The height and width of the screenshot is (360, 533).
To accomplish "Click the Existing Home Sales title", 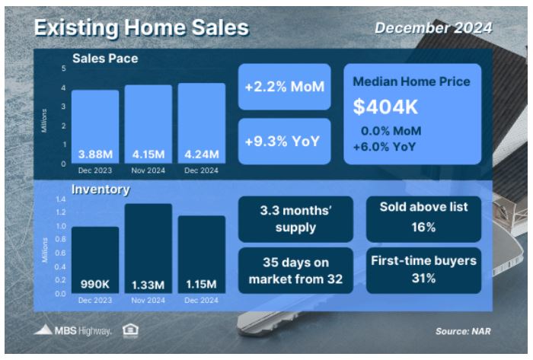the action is pyautogui.click(x=142, y=27).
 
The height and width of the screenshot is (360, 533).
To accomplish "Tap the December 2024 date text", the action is pyautogui.click(x=433, y=28).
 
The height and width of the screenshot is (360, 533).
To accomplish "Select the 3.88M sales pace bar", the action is pyautogui.click(x=95, y=126).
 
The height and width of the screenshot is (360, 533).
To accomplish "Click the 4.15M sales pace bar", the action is pyautogui.click(x=148, y=124).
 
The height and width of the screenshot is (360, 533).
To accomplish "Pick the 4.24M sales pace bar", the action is pyautogui.click(x=202, y=123).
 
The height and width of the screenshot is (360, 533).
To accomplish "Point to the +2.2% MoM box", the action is pyautogui.click(x=285, y=87).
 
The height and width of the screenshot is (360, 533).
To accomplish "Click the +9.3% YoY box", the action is pyautogui.click(x=285, y=142).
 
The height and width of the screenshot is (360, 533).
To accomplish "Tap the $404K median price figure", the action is pyautogui.click(x=385, y=107).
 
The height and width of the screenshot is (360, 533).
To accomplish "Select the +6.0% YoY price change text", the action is pyautogui.click(x=385, y=147).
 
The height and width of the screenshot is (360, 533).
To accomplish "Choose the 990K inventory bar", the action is pyautogui.click(x=95, y=260).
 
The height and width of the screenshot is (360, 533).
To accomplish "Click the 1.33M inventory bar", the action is pyautogui.click(x=148, y=249).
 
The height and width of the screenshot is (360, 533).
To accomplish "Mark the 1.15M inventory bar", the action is pyautogui.click(x=202, y=254).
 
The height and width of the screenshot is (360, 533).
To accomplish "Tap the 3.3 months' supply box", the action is pyautogui.click(x=295, y=219).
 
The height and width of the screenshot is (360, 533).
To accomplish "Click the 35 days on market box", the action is pyautogui.click(x=295, y=270).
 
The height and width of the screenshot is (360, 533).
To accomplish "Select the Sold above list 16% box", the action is pyautogui.click(x=423, y=219).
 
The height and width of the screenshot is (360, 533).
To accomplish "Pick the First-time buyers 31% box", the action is pyautogui.click(x=423, y=270).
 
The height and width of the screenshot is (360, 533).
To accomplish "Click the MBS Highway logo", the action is pyautogui.click(x=73, y=330).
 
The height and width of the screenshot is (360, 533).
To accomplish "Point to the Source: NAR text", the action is pyautogui.click(x=463, y=331).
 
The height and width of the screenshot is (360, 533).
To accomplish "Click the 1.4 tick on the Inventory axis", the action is pyautogui.click(x=61, y=199).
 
